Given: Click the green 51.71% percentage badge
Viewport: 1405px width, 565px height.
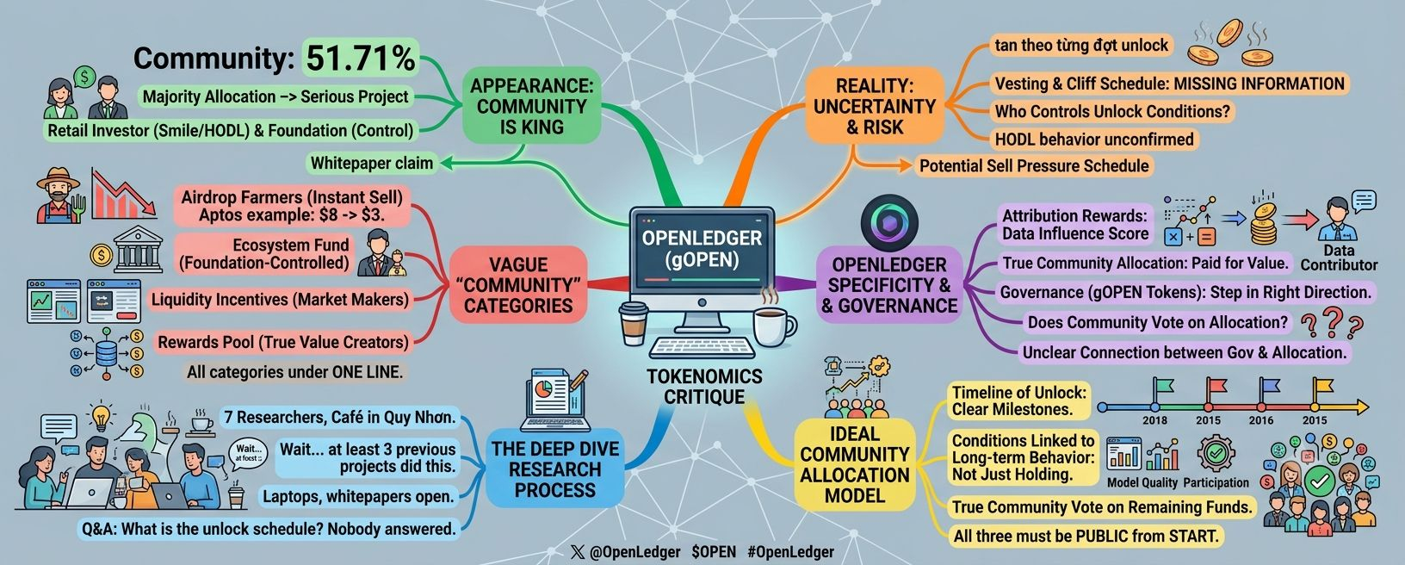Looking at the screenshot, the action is tap(360, 57).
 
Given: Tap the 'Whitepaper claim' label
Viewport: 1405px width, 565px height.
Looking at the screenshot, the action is tap(371, 164).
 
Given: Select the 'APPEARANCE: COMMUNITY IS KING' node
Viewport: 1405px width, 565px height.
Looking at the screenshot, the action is tap(531, 106).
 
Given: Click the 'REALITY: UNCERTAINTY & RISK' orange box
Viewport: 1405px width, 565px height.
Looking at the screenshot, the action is tap(875, 106).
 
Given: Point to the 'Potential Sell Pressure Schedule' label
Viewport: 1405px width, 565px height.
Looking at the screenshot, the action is tap(1034, 165).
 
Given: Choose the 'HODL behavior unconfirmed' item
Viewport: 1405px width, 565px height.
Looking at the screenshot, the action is tap(1094, 139).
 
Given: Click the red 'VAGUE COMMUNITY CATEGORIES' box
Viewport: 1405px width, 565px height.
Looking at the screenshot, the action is tap(518, 285).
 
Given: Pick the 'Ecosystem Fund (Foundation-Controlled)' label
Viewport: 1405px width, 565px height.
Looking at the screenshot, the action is tap(263, 253).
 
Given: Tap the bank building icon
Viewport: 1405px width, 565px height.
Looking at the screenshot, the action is tap(139, 249).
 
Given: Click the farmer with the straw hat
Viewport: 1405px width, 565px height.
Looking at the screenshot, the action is tap(59, 196).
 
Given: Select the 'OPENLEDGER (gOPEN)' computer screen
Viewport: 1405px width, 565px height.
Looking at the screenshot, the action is tap(702, 249).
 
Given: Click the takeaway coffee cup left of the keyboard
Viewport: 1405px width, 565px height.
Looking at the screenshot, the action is tap(633, 323).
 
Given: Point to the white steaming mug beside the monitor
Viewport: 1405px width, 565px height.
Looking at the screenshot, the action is tap(773, 326).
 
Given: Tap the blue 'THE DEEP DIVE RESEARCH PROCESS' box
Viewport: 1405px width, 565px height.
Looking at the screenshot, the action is tap(555, 469).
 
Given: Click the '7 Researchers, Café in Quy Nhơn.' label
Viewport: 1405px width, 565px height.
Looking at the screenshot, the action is tap(340, 417).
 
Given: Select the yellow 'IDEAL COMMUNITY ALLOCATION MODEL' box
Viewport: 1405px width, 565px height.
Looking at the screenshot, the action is tap(854, 464).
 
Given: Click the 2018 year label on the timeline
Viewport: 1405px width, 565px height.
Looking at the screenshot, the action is tap(1154, 420).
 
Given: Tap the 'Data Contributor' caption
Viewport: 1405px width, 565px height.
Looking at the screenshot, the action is tap(1339, 258).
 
